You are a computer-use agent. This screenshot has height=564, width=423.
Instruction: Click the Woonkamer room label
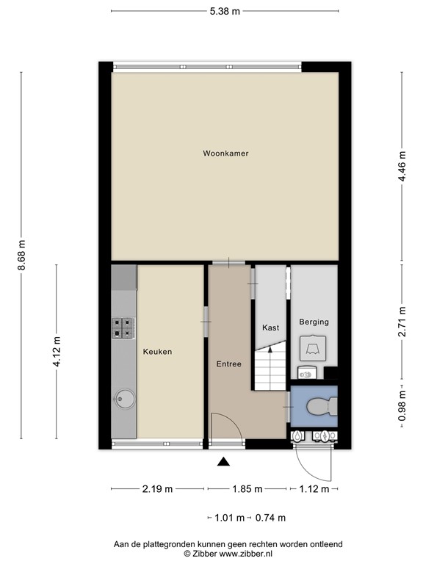(x=225, y=153)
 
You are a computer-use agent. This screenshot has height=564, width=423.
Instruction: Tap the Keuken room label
(x=157, y=352)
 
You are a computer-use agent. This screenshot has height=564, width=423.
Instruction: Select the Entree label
(x=228, y=364)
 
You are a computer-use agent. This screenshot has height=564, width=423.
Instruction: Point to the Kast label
(x=270, y=328)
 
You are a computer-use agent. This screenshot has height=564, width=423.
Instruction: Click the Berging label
(x=314, y=322)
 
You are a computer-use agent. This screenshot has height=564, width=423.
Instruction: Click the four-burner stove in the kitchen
(x=123, y=327)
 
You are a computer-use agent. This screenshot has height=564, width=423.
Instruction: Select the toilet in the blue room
(x=320, y=406)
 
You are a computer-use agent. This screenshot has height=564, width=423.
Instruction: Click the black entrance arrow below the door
(x=224, y=461)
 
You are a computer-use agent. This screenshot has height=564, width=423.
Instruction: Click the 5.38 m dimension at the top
(x=225, y=11)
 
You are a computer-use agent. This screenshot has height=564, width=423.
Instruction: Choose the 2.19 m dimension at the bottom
(x=158, y=489)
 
